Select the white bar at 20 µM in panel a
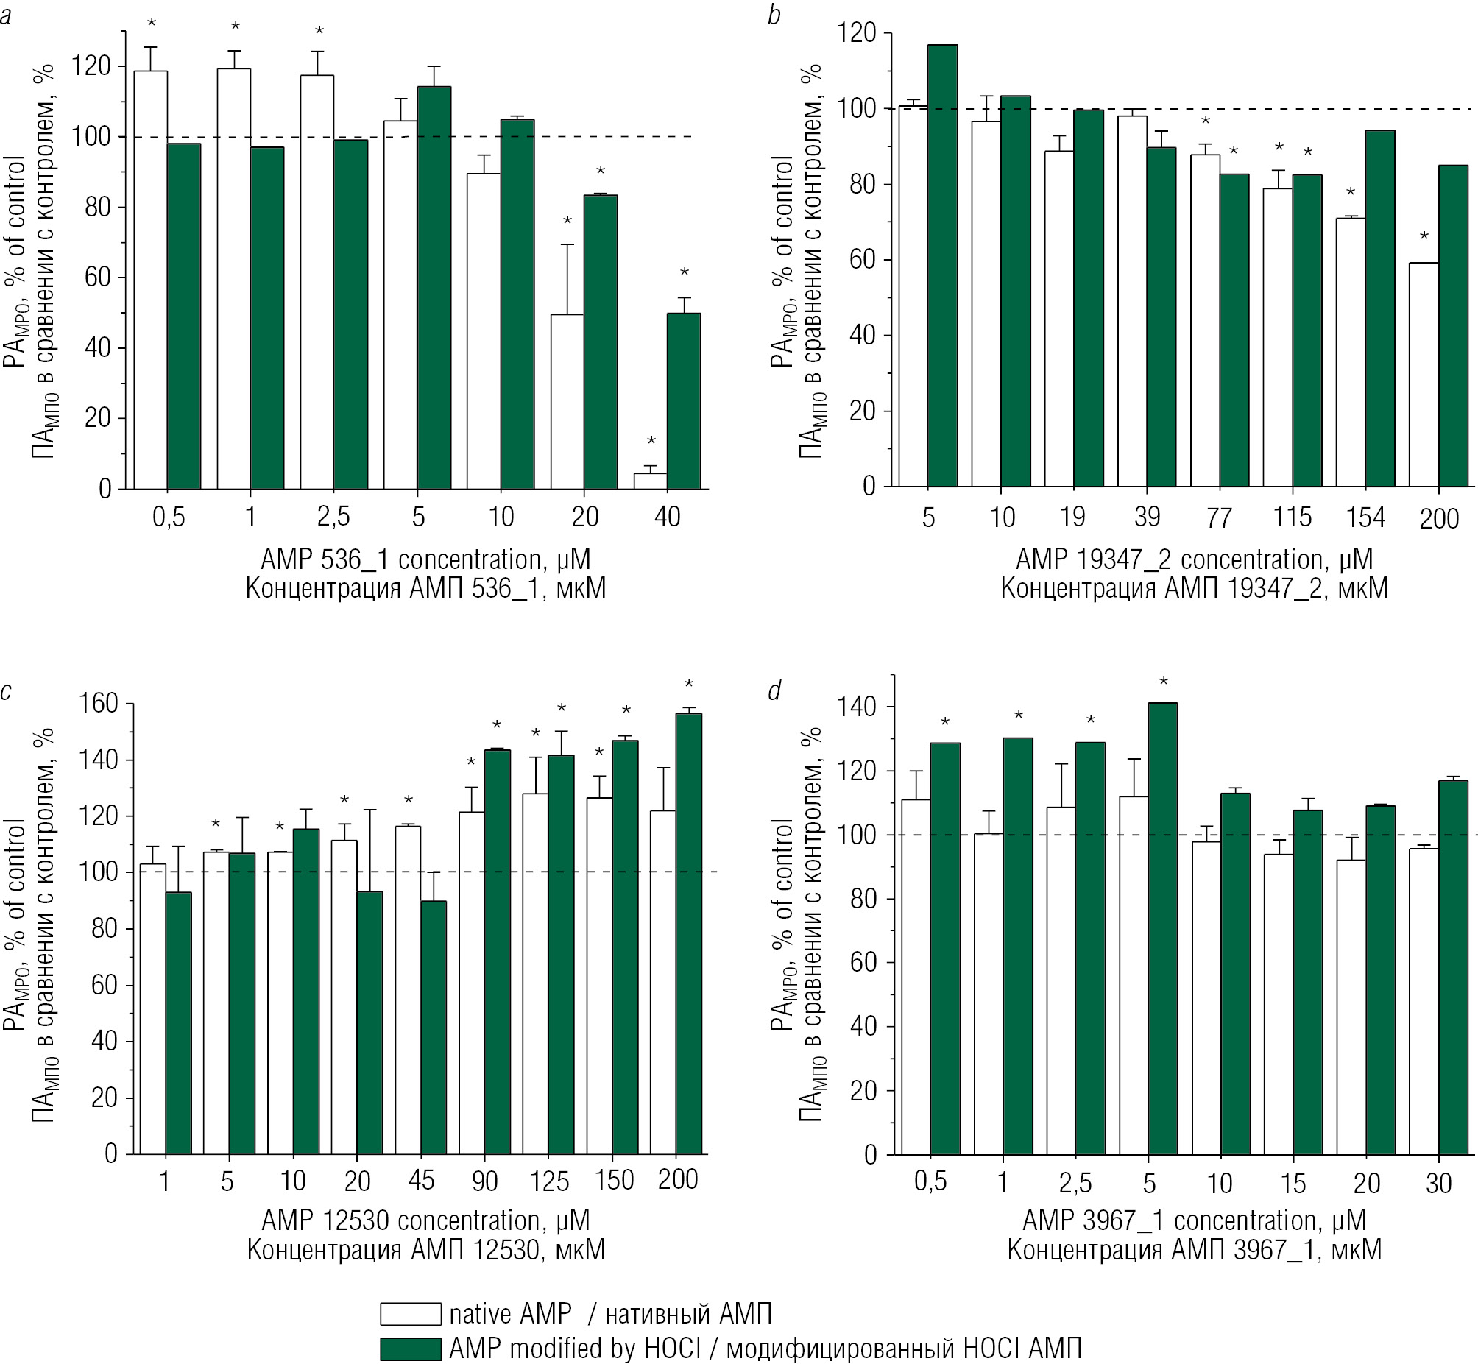pos(567,401)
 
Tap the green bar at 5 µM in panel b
pos(942,266)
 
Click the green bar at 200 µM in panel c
pos(688,933)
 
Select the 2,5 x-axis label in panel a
pos(333,517)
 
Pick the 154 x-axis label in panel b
pos(1365,517)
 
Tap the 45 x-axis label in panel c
pos(421,1180)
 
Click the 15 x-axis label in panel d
pos(1293,1183)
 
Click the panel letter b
pos(774,15)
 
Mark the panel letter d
pos(774,690)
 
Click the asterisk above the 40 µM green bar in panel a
pos(684,273)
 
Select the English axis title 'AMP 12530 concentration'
pos(425,1220)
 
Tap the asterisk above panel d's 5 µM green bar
pos(1164,681)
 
